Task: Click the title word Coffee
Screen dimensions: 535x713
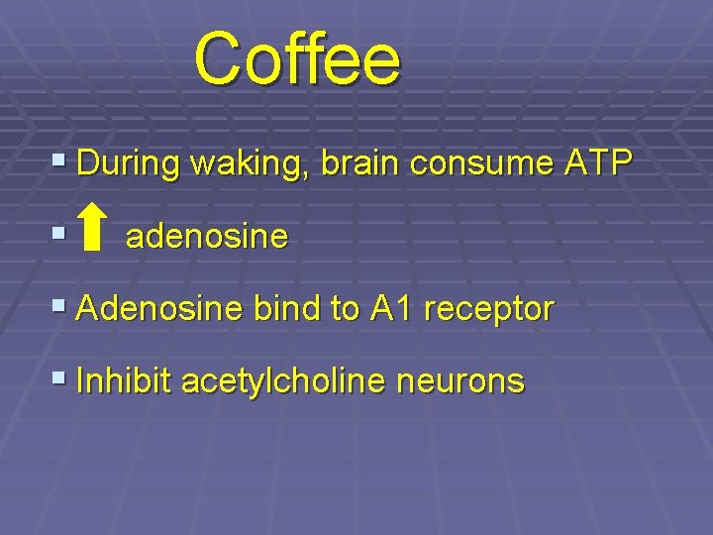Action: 298,58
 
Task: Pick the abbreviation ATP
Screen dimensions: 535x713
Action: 597,163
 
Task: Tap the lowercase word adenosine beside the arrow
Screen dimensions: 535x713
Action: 207,237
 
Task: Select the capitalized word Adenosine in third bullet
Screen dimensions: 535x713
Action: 159,309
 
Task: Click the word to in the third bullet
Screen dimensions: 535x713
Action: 346,310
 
